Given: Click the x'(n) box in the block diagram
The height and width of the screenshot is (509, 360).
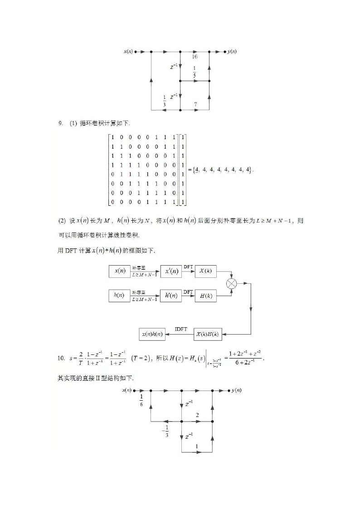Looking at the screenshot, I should [170, 271].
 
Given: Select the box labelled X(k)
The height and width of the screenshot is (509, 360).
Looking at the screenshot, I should [205, 271].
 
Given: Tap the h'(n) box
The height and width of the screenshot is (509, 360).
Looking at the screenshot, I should [170, 296].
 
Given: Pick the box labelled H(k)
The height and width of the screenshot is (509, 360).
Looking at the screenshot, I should [205, 296].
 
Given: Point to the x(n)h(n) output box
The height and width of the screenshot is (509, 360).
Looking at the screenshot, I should [152, 334].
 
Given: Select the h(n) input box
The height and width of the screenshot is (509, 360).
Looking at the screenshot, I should [119, 296].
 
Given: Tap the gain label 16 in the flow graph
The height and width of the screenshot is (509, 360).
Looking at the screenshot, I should [195, 57].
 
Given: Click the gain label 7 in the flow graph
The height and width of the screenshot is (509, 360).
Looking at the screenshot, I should [195, 104].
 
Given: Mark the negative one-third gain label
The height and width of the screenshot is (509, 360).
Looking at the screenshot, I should [165, 431].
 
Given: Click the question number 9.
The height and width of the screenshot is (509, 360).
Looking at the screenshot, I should [60, 123].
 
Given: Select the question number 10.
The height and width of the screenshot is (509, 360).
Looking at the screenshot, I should [61, 358].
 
